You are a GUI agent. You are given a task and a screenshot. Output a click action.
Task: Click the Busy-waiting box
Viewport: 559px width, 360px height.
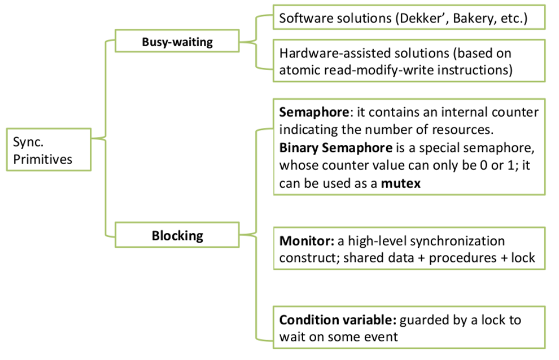177,41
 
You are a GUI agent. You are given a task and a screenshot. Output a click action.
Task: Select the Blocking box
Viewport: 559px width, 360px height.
177,235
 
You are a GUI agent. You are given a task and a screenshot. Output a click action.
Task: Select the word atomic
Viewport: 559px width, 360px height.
297,70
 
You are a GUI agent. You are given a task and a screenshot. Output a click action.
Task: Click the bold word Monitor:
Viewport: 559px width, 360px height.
307,242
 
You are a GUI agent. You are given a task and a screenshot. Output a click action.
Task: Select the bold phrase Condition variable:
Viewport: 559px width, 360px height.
338,320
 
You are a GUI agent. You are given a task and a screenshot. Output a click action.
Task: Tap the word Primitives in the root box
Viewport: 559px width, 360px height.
43,159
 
